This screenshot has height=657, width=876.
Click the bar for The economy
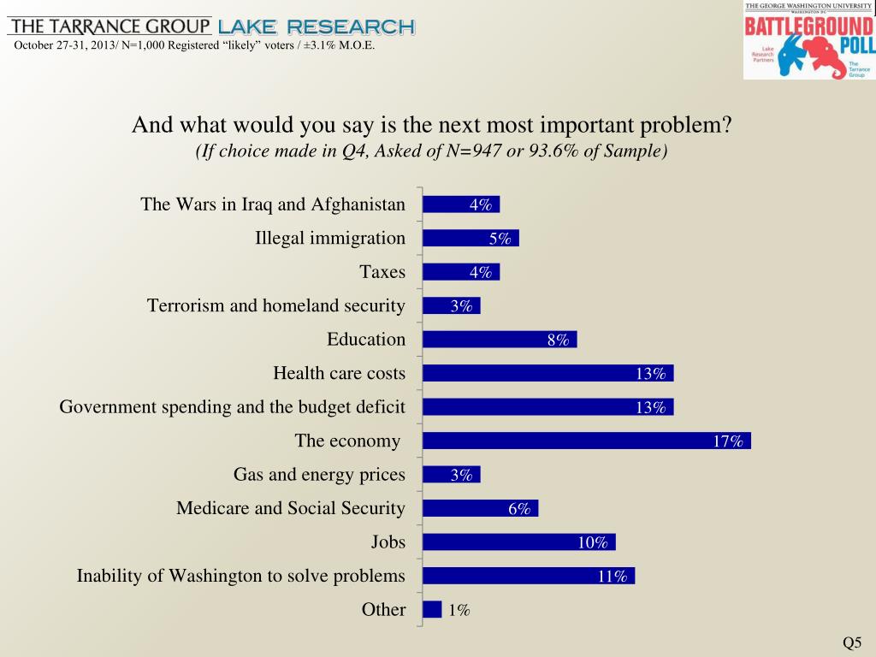click(587, 441)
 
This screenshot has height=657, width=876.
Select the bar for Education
click(500, 340)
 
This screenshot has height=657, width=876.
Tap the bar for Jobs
click(519, 542)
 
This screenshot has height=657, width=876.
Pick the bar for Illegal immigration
click(471, 239)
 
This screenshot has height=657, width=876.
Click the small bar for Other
click(432, 609)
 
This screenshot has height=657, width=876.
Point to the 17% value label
click(728, 441)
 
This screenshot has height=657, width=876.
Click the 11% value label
click(613, 577)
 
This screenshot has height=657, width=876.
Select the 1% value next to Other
click(459, 610)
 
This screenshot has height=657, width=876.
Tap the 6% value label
click(519, 509)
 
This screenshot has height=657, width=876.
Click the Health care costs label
click(339, 373)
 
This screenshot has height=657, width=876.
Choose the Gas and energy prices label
click(319, 474)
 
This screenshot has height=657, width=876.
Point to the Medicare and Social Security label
click(291, 508)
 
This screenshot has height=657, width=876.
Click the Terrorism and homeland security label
click(275, 305)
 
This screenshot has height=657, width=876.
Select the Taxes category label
click(382, 272)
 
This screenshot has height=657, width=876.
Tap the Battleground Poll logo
click(808, 41)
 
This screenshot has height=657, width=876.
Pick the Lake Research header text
click(317, 27)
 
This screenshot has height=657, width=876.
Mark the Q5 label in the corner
click(852, 643)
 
